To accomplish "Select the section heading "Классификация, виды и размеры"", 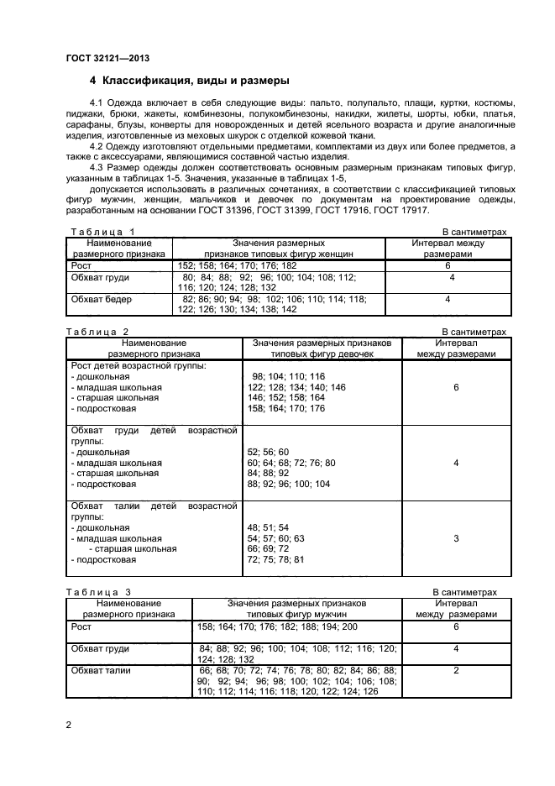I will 196,81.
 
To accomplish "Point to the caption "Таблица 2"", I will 99,333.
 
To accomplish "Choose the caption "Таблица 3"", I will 99,592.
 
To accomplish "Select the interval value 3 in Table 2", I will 456,537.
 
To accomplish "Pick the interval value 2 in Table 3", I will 456,670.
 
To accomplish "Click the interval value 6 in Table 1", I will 449,265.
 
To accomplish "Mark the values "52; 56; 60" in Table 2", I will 268,452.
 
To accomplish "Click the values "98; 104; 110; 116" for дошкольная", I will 287,376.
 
